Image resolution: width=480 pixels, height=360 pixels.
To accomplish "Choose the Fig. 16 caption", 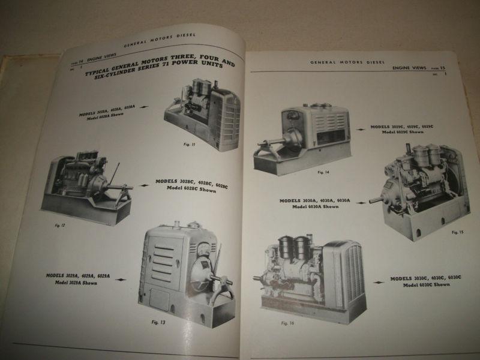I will (x=288, y=323).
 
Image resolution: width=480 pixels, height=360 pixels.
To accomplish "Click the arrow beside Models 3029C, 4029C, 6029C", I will (x=360, y=128).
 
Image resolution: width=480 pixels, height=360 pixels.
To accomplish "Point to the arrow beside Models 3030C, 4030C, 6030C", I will (x=378, y=281).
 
